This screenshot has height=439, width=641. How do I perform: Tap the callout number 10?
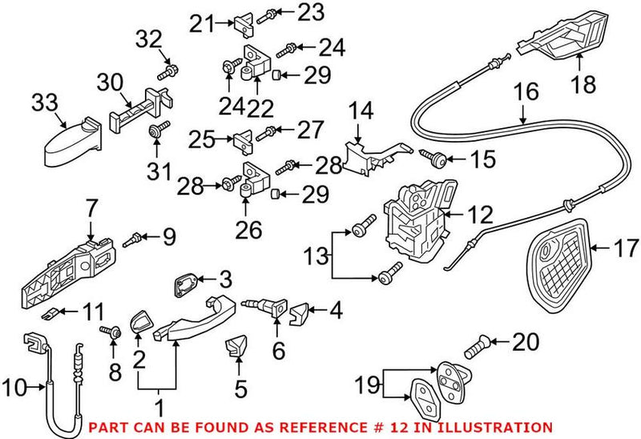(15, 389)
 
